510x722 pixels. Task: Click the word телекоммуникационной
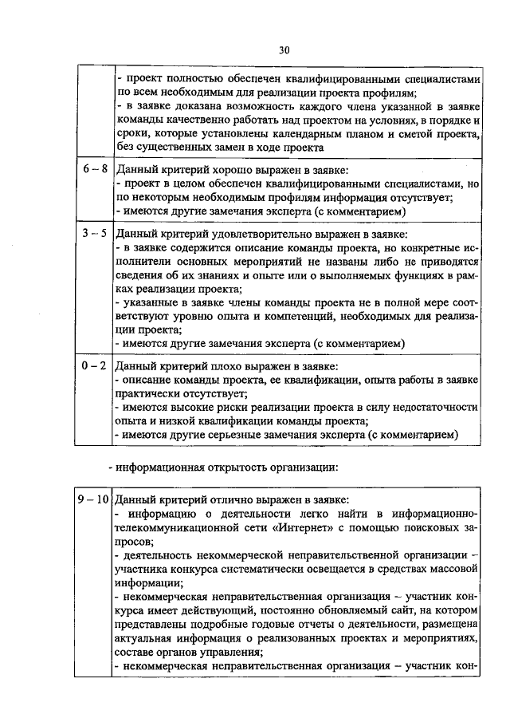pyautogui.click(x=167, y=528)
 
